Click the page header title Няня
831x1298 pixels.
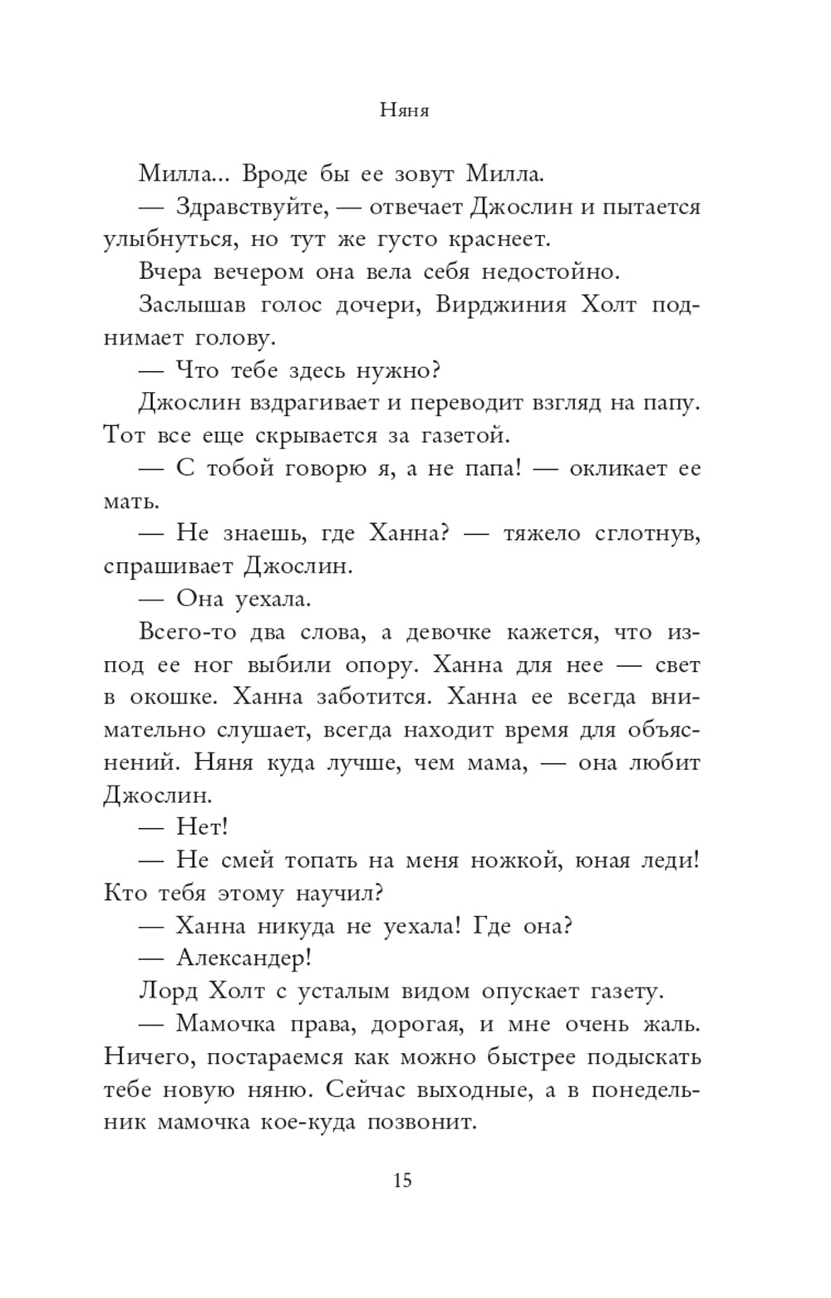pos(404,110)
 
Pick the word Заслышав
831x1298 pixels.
pos(191,305)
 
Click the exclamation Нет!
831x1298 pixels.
pos(202,828)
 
